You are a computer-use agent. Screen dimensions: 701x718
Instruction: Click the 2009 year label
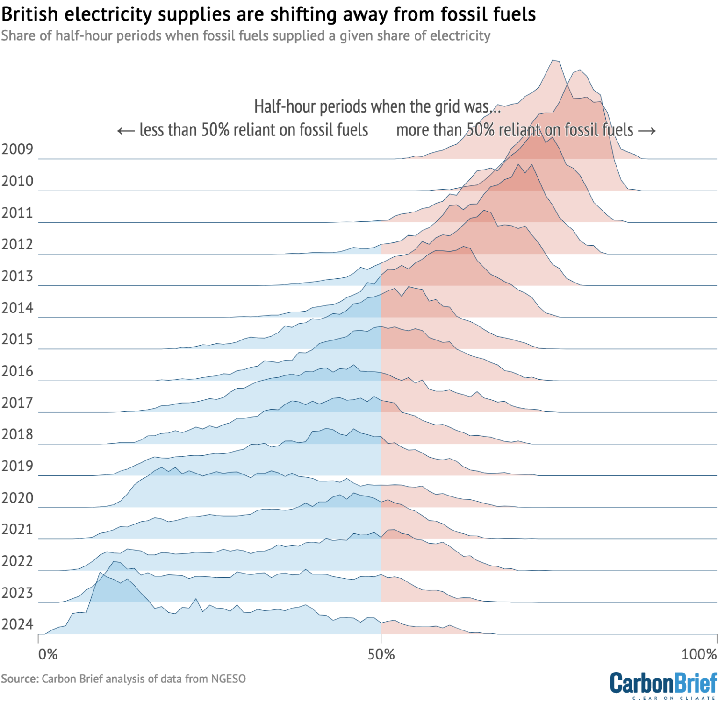[x=17, y=149]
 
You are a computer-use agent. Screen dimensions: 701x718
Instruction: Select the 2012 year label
[x=17, y=244]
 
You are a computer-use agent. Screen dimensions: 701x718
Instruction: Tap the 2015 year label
[x=17, y=340]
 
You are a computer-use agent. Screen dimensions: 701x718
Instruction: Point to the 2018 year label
[x=17, y=434]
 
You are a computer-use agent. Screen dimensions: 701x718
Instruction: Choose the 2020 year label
[x=17, y=498]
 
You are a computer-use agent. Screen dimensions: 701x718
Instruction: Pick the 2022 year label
[x=17, y=561]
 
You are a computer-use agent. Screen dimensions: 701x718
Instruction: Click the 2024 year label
[x=17, y=624]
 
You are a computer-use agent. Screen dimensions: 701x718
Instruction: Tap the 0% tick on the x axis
[x=48, y=654]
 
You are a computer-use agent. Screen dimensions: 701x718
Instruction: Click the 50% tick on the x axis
[x=381, y=654]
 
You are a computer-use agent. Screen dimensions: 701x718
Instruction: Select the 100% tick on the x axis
[x=699, y=654]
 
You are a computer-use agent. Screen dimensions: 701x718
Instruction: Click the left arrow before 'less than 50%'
[x=125, y=131]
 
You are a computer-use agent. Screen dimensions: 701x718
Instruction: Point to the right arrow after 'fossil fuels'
[x=647, y=131]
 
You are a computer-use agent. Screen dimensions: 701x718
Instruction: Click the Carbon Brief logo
[x=663, y=685]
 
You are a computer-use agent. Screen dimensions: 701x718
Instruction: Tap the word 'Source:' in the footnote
[x=20, y=679]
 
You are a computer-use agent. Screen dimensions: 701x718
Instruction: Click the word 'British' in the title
[x=30, y=14]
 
